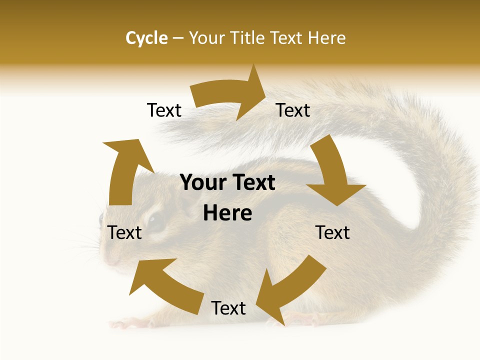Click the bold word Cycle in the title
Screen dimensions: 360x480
pos(146,38)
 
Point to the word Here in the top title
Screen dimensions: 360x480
pos(327,38)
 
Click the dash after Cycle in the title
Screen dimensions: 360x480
pos(178,38)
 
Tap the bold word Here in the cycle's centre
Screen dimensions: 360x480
pos(227,213)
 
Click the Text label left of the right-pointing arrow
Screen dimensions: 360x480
pos(164,110)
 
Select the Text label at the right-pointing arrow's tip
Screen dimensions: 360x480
pos(293,110)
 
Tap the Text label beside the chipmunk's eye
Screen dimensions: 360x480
pos(124,232)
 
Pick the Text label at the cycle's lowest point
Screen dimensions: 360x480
pos(228,308)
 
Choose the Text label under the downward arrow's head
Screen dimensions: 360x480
pos(332,232)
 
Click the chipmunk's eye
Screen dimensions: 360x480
pos(156,220)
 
